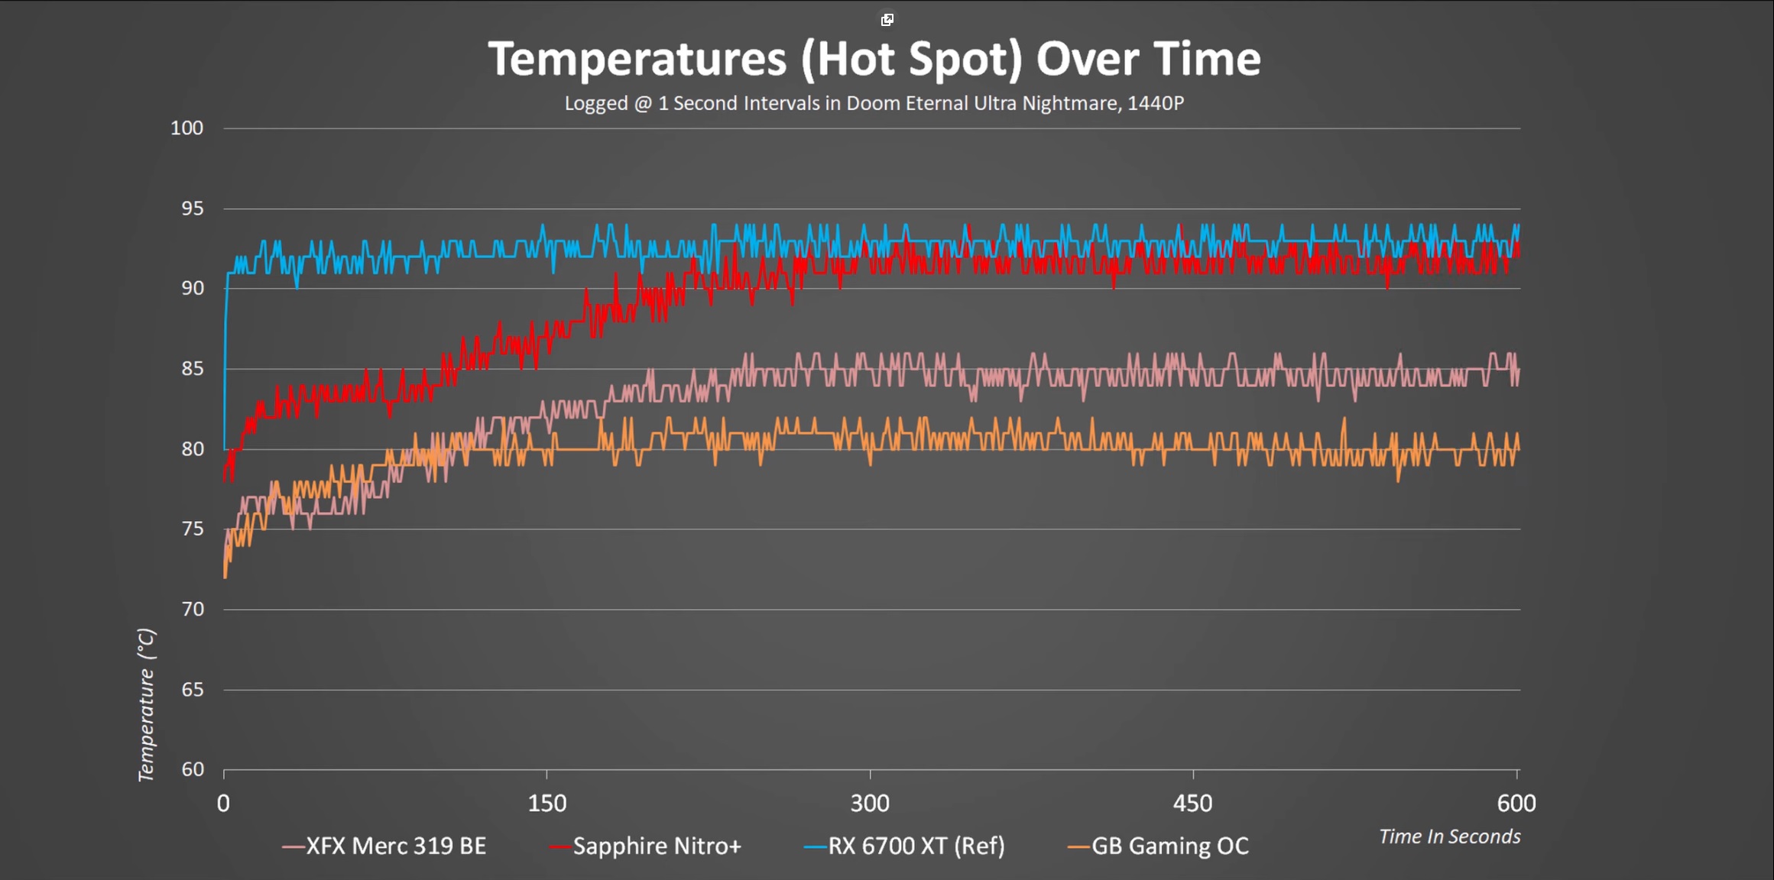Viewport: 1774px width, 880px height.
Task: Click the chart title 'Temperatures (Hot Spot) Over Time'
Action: pyautogui.click(x=874, y=59)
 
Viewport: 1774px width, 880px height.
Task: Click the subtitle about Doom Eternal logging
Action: pyautogui.click(x=874, y=103)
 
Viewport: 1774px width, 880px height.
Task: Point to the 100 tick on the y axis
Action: pyautogui.click(x=187, y=128)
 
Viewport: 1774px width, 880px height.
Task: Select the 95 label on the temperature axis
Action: pyautogui.click(x=192, y=208)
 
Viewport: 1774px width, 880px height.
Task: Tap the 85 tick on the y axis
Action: pyautogui.click(x=192, y=368)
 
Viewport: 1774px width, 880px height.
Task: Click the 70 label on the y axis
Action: pyautogui.click(x=192, y=609)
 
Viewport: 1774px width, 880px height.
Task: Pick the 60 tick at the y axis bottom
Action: pyautogui.click(x=192, y=769)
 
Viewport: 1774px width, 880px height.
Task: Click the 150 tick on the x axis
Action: pyautogui.click(x=547, y=803)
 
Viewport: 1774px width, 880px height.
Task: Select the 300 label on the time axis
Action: pyautogui.click(x=870, y=803)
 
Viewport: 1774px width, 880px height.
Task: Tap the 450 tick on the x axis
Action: pyautogui.click(x=1192, y=803)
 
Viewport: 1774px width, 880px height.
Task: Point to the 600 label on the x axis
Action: pyautogui.click(x=1516, y=803)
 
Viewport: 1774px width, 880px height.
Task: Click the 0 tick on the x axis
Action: pyautogui.click(x=223, y=803)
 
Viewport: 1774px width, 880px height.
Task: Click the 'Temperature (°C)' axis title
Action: pyautogui.click(x=146, y=704)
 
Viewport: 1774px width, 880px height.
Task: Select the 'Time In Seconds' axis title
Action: pyautogui.click(x=1449, y=836)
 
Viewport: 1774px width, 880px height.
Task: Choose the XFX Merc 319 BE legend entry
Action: pyautogui.click(x=384, y=846)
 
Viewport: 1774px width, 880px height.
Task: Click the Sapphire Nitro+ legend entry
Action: pyautogui.click(x=647, y=846)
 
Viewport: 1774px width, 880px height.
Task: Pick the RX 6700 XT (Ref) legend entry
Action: pyautogui.click(x=906, y=846)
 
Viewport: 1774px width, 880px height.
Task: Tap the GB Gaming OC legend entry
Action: pyautogui.click(x=1159, y=846)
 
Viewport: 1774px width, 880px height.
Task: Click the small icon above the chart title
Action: pyautogui.click(x=887, y=20)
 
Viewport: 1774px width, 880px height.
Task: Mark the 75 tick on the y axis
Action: pyautogui.click(x=192, y=529)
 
